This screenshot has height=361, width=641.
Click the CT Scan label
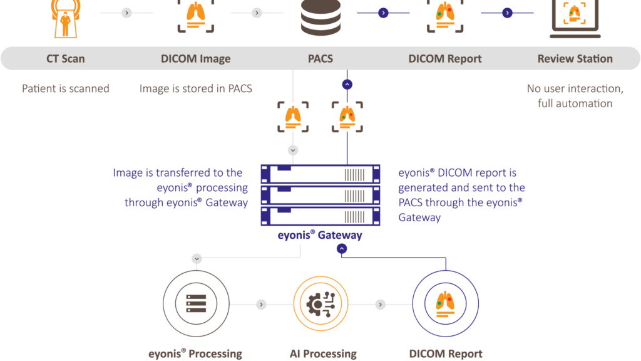[x=65, y=59]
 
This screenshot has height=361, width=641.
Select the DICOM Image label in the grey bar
[x=195, y=59]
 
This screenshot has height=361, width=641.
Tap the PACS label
[x=320, y=59]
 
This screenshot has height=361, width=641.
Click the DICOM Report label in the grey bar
[x=445, y=59]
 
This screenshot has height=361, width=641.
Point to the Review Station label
[x=575, y=59]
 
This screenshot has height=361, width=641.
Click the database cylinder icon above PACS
[x=320, y=18]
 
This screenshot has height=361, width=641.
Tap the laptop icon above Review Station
[x=575, y=18]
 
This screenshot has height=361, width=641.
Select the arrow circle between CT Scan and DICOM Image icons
[x=126, y=13]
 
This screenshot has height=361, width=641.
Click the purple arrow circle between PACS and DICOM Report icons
[x=383, y=13]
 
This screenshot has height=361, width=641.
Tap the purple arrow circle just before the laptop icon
[x=507, y=13]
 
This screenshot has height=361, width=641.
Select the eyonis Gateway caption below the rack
[x=320, y=235]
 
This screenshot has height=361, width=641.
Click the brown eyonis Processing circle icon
[x=196, y=305]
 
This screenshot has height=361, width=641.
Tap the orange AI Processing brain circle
[x=320, y=305]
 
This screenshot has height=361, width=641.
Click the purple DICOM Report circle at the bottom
[x=445, y=305]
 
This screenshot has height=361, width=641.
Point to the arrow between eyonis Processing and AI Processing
[x=261, y=305]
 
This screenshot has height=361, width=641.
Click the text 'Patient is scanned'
[x=66, y=88]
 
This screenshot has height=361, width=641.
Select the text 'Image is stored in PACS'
[x=195, y=88]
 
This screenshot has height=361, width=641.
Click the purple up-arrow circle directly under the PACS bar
[x=348, y=83]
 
